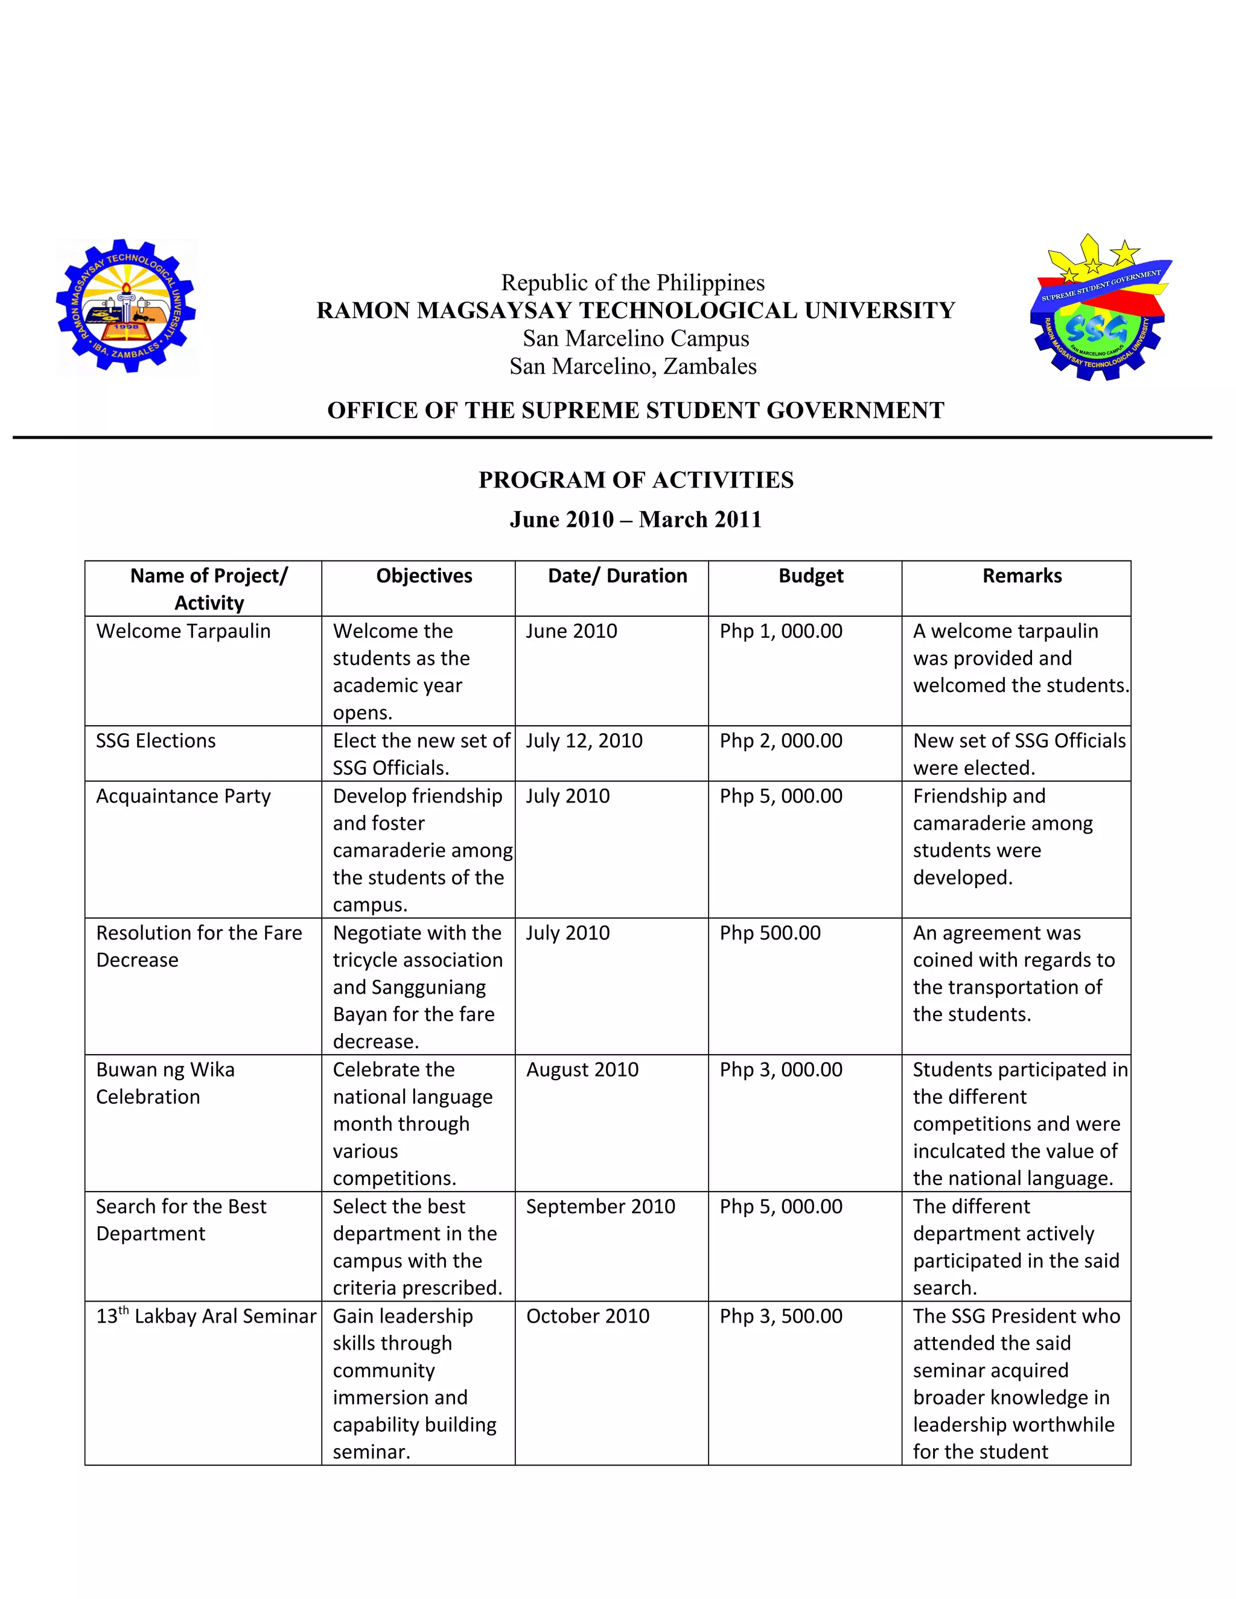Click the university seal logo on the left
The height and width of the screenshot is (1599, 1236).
126,308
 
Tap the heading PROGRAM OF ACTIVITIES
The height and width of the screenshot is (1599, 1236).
636,480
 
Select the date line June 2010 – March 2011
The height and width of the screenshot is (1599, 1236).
636,520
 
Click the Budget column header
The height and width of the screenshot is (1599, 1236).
811,576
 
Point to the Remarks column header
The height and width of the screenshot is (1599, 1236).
1022,576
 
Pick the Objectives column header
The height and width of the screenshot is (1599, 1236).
424,576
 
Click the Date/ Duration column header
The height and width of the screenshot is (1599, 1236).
617,576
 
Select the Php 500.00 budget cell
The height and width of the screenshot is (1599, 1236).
769,933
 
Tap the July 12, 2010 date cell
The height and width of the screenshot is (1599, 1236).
584,741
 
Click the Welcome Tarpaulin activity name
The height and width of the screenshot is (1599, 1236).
183,631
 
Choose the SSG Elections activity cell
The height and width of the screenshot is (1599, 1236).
156,741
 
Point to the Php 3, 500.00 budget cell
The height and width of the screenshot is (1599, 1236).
780,1317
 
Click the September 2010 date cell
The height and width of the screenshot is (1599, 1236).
600,1207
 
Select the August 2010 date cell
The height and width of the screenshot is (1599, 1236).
582,1070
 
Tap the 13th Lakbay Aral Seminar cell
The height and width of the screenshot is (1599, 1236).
206,1317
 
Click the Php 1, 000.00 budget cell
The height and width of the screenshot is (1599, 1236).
780,631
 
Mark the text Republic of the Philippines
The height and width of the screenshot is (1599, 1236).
632,282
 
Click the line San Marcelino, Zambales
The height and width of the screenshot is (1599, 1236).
632,366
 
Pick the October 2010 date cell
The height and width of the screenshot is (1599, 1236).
587,1317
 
